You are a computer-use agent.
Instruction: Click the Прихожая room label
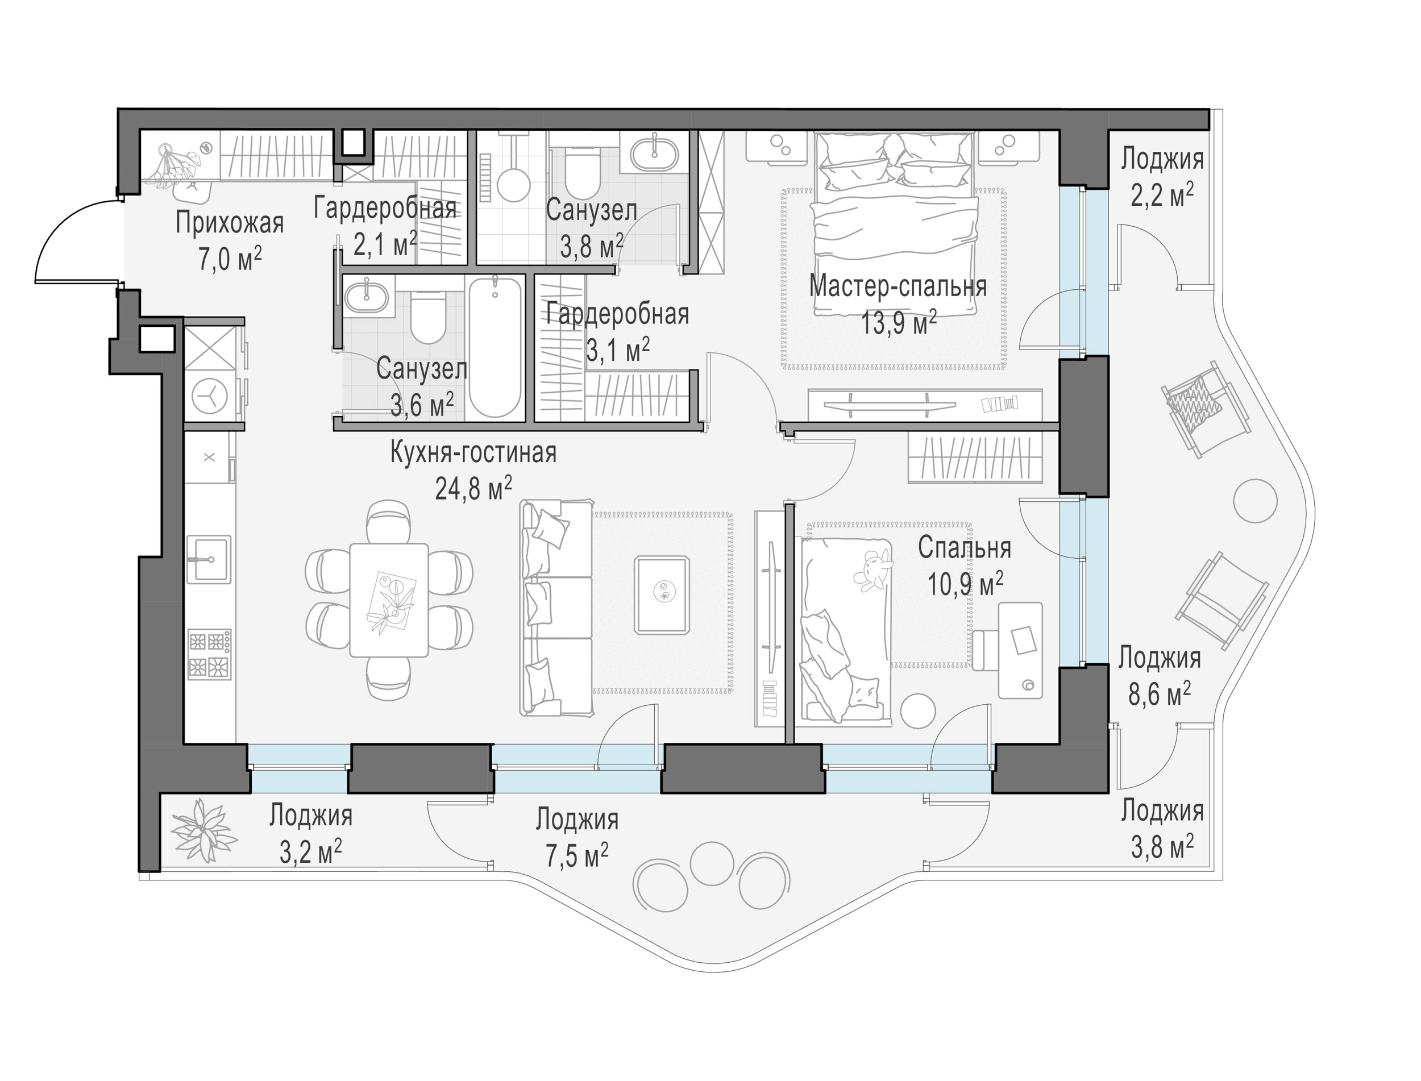230,223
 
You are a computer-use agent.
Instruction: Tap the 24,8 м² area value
473,488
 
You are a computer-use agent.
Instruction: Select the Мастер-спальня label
898,286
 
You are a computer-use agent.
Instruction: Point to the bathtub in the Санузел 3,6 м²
495,347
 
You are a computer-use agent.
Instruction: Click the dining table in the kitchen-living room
389,600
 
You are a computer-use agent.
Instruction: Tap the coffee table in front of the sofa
663,595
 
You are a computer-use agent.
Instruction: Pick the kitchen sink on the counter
209,559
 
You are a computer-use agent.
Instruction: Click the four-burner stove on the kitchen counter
209,655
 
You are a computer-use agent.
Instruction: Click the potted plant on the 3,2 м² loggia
204,832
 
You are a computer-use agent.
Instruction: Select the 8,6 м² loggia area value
1160,695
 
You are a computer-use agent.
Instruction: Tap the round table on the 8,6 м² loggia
1256,501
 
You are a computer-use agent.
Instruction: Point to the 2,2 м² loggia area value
1162,195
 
